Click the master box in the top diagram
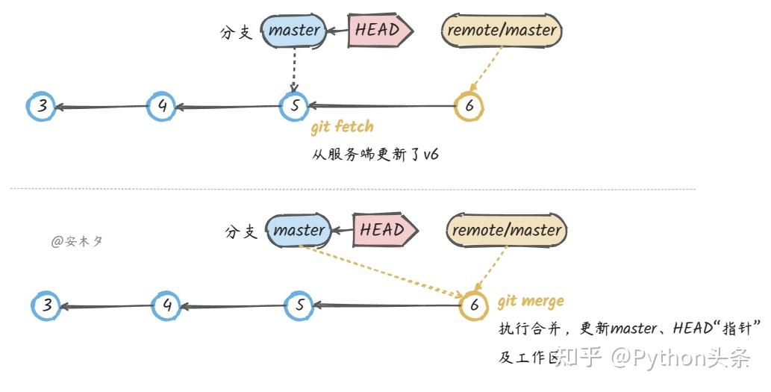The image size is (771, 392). coord(294,31)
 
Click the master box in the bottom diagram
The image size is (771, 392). coord(299,231)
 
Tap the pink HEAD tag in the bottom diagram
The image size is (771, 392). coord(384,230)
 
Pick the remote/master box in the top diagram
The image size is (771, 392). coord(501,31)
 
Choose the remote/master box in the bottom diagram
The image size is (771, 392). coord(506,230)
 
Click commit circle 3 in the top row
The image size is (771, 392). coord(42,107)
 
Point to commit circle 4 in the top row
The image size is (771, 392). coord(162,107)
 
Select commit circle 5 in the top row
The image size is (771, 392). coord(294,107)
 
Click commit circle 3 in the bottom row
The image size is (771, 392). coord(47,305)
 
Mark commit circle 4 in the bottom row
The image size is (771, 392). coord(166,305)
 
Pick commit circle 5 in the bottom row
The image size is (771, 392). coord(299,305)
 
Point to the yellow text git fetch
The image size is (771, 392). coord(342,127)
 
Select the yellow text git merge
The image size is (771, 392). coord(531,301)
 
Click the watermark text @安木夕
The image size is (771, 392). coord(76,241)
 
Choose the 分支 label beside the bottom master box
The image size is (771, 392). coord(240,232)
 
